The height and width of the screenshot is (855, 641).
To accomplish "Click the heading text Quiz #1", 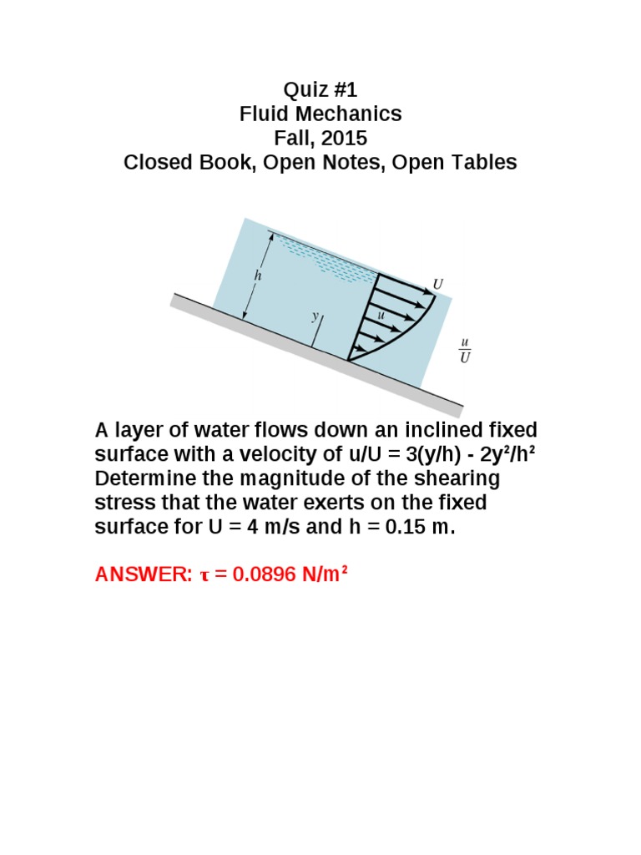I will pos(320,89).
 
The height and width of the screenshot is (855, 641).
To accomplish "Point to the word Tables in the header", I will pos(485,162).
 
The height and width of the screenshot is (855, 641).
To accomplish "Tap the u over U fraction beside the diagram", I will pos(465,351).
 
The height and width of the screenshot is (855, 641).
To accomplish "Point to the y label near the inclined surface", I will pos(315,316).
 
